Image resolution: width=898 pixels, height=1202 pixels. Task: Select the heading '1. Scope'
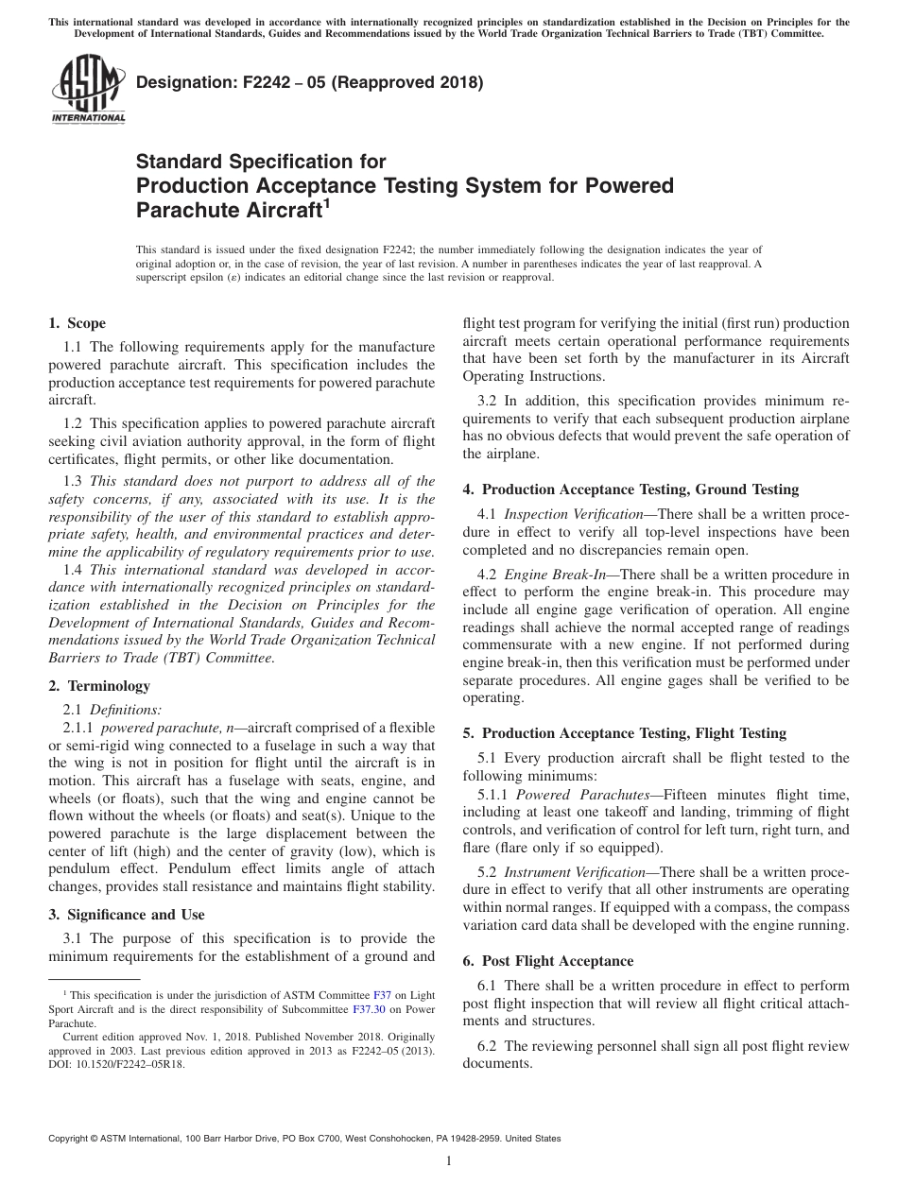[78, 323]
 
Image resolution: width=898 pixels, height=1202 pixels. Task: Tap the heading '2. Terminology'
[99, 686]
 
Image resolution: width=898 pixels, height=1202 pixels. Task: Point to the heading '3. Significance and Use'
[127, 915]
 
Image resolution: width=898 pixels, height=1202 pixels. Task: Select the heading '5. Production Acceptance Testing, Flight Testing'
[624, 733]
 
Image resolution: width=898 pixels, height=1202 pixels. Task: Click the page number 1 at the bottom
[449, 1161]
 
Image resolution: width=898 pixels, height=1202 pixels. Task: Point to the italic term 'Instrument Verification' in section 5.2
[573, 871]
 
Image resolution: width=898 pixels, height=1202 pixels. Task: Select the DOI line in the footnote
[117, 1063]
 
